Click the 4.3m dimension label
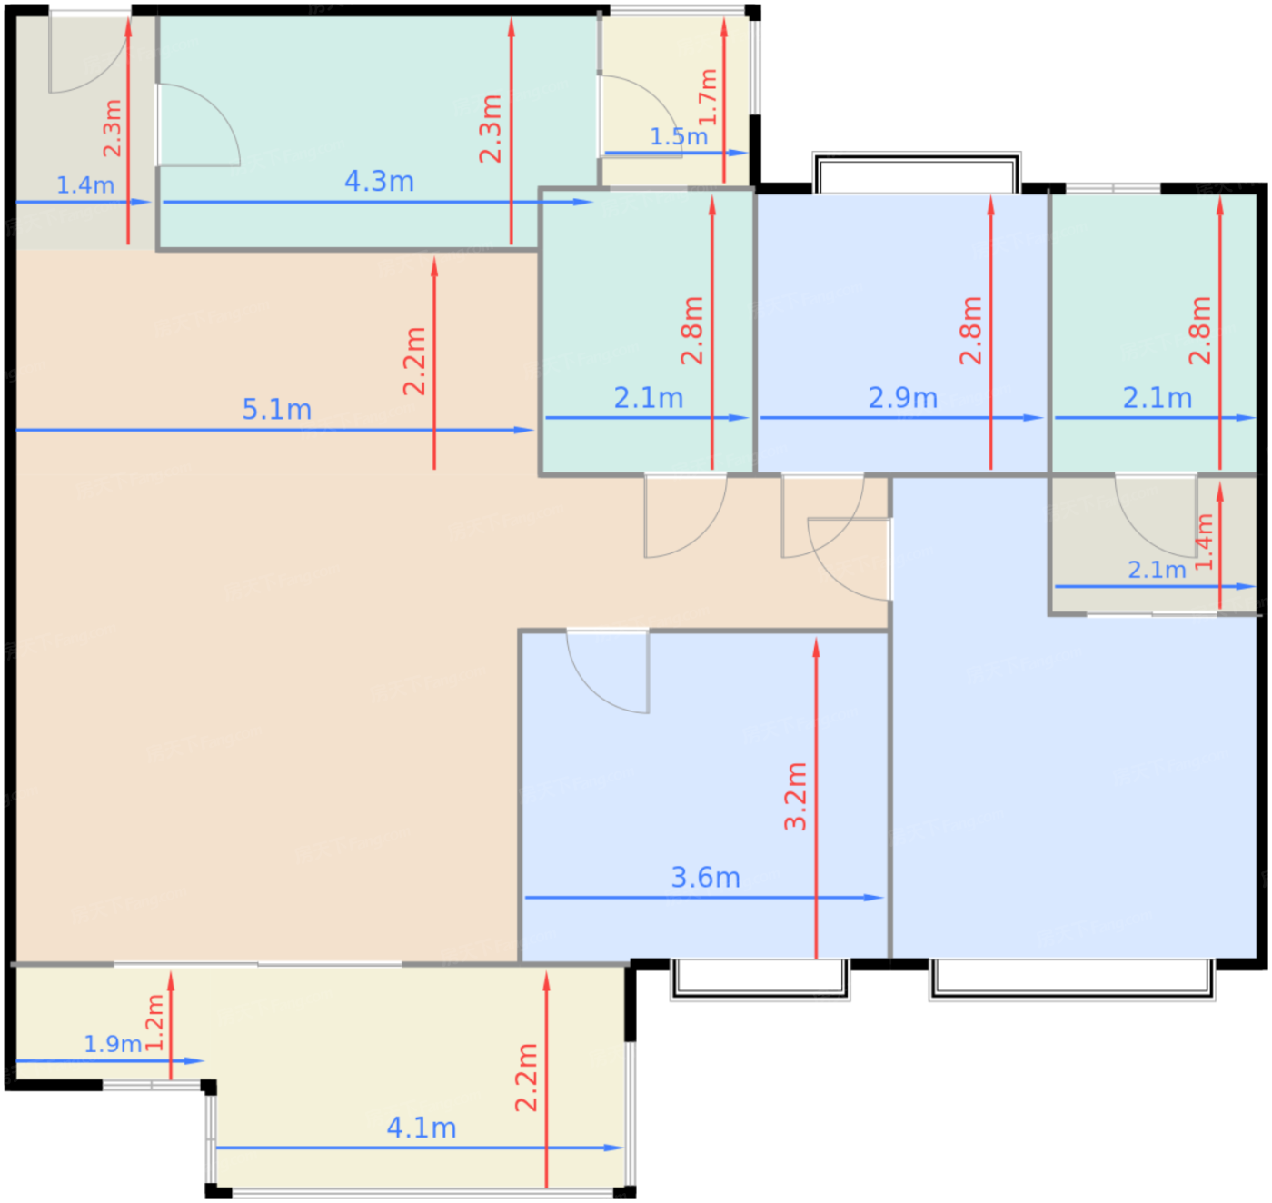click(x=379, y=181)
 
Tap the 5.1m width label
click(x=277, y=410)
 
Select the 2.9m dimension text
click(x=902, y=398)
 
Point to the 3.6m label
click(x=705, y=878)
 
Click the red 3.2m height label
click(x=796, y=796)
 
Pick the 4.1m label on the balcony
click(x=422, y=1128)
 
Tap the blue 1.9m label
click(x=113, y=1044)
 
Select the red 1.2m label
click(x=154, y=1022)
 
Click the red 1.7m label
click(x=708, y=97)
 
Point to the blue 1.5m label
click(x=679, y=136)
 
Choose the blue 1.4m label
click(x=85, y=185)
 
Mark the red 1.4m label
click(x=1204, y=542)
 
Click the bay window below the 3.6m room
click(x=760, y=979)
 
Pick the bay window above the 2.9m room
click(x=916, y=173)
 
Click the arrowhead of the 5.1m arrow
click(x=524, y=430)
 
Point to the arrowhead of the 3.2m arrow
click(x=816, y=647)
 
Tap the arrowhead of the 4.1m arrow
click(x=613, y=1148)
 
